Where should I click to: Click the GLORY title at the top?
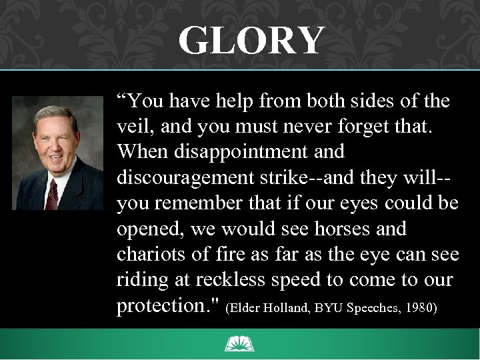(x=250, y=41)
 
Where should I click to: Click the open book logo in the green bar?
(x=240, y=344)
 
